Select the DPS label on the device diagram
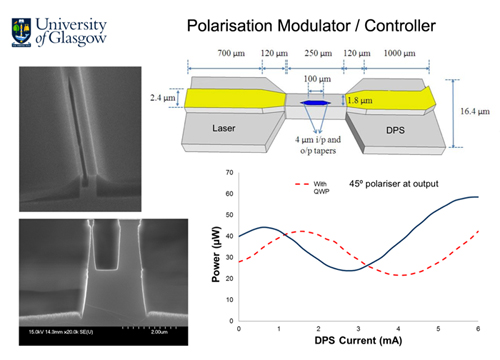click(x=399, y=128)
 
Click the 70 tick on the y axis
click(x=231, y=171)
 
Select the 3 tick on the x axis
click(x=358, y=329)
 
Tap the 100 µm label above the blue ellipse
click(x=317, y=78)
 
